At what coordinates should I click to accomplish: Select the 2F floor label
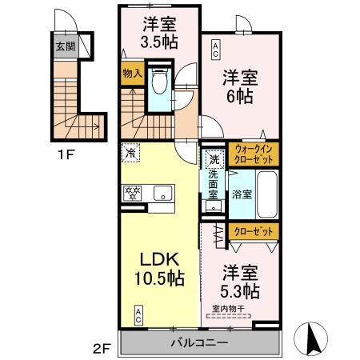(101, 347)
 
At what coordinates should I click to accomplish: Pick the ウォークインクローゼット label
(254, 153)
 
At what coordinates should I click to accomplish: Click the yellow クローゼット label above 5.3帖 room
(254, 232)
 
